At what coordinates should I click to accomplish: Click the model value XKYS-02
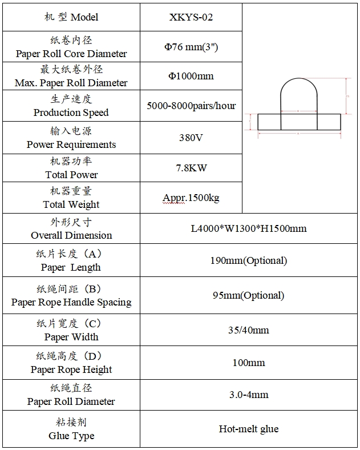click(191, 17)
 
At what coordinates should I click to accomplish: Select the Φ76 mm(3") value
click(191, 47)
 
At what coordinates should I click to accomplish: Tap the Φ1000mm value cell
click(191, 76)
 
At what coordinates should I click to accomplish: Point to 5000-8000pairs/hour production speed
click(191, 106)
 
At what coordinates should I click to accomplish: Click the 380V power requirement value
click(191, 138)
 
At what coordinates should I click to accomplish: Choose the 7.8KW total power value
click(191, 168)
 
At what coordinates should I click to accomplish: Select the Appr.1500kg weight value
click(191, 198)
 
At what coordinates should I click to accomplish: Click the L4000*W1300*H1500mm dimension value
click(249, 228)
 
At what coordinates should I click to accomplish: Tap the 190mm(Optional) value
click(249, 260)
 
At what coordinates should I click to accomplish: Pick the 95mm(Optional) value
click(249, 295)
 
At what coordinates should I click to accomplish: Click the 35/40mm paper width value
click(249, 330)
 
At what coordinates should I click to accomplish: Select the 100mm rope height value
click(249, 362)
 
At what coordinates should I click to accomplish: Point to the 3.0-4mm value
click(249, 395)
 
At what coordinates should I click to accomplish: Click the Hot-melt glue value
click(249, 428)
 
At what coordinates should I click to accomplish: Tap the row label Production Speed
click(71, 112)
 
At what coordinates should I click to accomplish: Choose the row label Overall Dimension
click(71, 235)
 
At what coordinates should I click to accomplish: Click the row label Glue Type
click(71, 436)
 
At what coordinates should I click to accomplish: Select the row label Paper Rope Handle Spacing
click(71, 302)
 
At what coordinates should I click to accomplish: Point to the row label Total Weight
click(71, 204)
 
